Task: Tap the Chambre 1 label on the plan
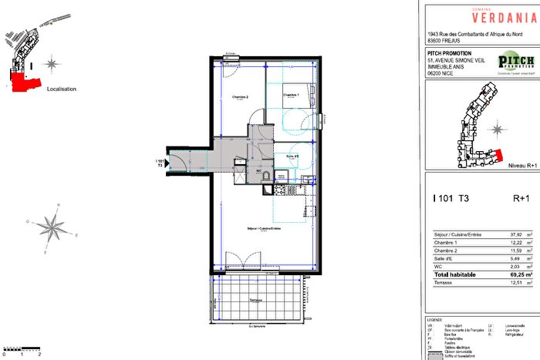pos(290,95)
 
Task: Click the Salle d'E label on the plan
pos(292,156)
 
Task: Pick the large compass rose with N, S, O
pos(51,226)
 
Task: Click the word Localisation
pos(62,89)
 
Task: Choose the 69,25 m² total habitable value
pos(515,274)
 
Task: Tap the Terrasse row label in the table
pos(444,284)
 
